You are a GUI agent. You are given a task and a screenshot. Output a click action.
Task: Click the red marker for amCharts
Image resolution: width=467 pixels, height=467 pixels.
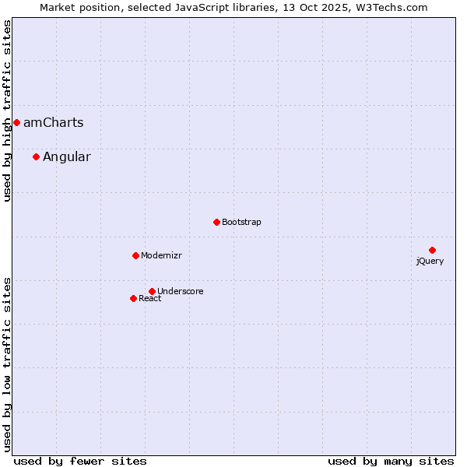pyautogui.click(x=16, y=122)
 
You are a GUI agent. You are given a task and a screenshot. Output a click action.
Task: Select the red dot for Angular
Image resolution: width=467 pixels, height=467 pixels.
pyautogui.click(x=36, y=156)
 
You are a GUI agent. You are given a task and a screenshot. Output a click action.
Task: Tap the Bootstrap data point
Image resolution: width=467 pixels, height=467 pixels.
pyautogui.click(x=216, y=222)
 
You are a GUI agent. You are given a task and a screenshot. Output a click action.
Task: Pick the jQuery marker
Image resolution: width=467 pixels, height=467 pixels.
pyautogui.click(x=432, y=250)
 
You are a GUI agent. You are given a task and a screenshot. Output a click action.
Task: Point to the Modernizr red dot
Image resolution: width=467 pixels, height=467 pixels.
pyautogui.click(x=135, y=255)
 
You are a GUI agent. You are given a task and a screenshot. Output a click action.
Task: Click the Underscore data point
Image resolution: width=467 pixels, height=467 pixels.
pyautogui.click(x=152, y=291)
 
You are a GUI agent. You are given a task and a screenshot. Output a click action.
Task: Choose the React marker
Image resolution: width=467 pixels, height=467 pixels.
pyautogui.click(x=133, y=298)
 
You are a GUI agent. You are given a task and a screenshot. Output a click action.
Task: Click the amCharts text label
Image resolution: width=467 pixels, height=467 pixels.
pyautogui.click(x=53, y=122)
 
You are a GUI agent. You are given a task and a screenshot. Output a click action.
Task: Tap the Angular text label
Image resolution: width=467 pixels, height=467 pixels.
pyautogui.click(x=66, y=156)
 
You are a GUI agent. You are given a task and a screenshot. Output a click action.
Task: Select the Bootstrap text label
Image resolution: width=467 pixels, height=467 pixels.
pyautogui.click(x=241, y=222)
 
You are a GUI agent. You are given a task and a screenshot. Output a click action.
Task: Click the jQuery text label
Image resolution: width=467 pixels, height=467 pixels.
pyautogui.click(x=430, y=261)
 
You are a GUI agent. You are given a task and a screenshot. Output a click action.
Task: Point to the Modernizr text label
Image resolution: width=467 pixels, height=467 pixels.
pyautogui.click(x=161, y=255)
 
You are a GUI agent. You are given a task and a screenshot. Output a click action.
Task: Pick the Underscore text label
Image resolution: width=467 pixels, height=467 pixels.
pyautogui.click(x=181, y=291)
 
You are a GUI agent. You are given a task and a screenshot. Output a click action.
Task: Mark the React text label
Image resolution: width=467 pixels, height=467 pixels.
pyautogui.click(x=150, y=298)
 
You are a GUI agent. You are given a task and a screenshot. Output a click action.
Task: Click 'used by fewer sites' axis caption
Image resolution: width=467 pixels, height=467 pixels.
pyautogui.click(x=80, y=461)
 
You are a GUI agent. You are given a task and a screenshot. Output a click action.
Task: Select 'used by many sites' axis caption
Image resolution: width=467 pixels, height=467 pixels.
pyautogui.click(x=391, y=461)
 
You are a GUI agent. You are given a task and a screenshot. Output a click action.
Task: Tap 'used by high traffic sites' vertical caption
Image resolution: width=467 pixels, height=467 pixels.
pyautogui.click(x=8, y=111)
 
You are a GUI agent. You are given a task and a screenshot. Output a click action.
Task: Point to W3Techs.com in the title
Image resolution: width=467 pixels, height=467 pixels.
pyautogui.click(x=395, y=8)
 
